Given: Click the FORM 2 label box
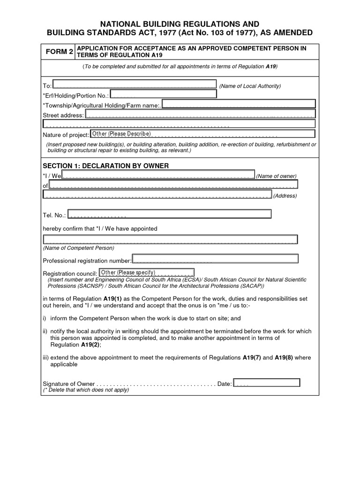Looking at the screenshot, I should [x=59, y=52].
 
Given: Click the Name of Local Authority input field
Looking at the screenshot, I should [x=134, y=84].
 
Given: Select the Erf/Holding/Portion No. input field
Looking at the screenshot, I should [x=163, y=94].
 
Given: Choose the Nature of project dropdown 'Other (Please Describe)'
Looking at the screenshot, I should [x=121, y=134].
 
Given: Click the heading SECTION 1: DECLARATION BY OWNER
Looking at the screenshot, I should [x=105, y=166].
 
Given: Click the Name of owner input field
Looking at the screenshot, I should [x=158, y=175].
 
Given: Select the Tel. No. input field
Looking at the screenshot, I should [x=169, y=214].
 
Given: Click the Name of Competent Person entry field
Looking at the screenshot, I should [x=170, y=240].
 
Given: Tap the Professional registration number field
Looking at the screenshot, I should [x=216, y=259].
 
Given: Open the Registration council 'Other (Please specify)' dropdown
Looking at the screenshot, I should [x=146, y=272].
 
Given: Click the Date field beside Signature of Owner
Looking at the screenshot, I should [x=266, y=382].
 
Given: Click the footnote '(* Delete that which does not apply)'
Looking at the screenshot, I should [x=86, y=390].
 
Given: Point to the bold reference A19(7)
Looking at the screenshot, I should [x=252, y=358].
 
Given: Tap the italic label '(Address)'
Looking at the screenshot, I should [x=285, y=195].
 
